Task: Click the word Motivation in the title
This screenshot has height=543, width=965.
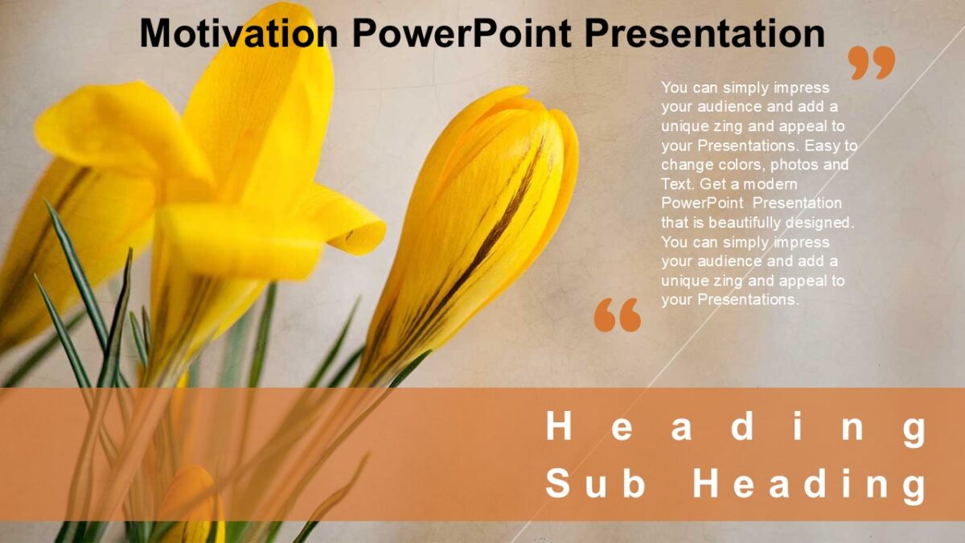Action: click(239, 34)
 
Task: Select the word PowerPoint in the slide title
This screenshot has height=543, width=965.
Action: click(461, 34)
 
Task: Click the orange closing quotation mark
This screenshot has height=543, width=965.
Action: click(872, 62)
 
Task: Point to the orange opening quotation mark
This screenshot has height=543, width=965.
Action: click(618, 315)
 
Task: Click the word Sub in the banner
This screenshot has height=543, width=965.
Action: click(596, 485)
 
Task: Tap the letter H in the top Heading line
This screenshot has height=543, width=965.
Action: click(559, 427)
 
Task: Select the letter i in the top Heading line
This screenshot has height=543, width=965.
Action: click(799, 427)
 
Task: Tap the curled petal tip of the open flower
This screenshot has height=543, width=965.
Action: click(362, 233)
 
